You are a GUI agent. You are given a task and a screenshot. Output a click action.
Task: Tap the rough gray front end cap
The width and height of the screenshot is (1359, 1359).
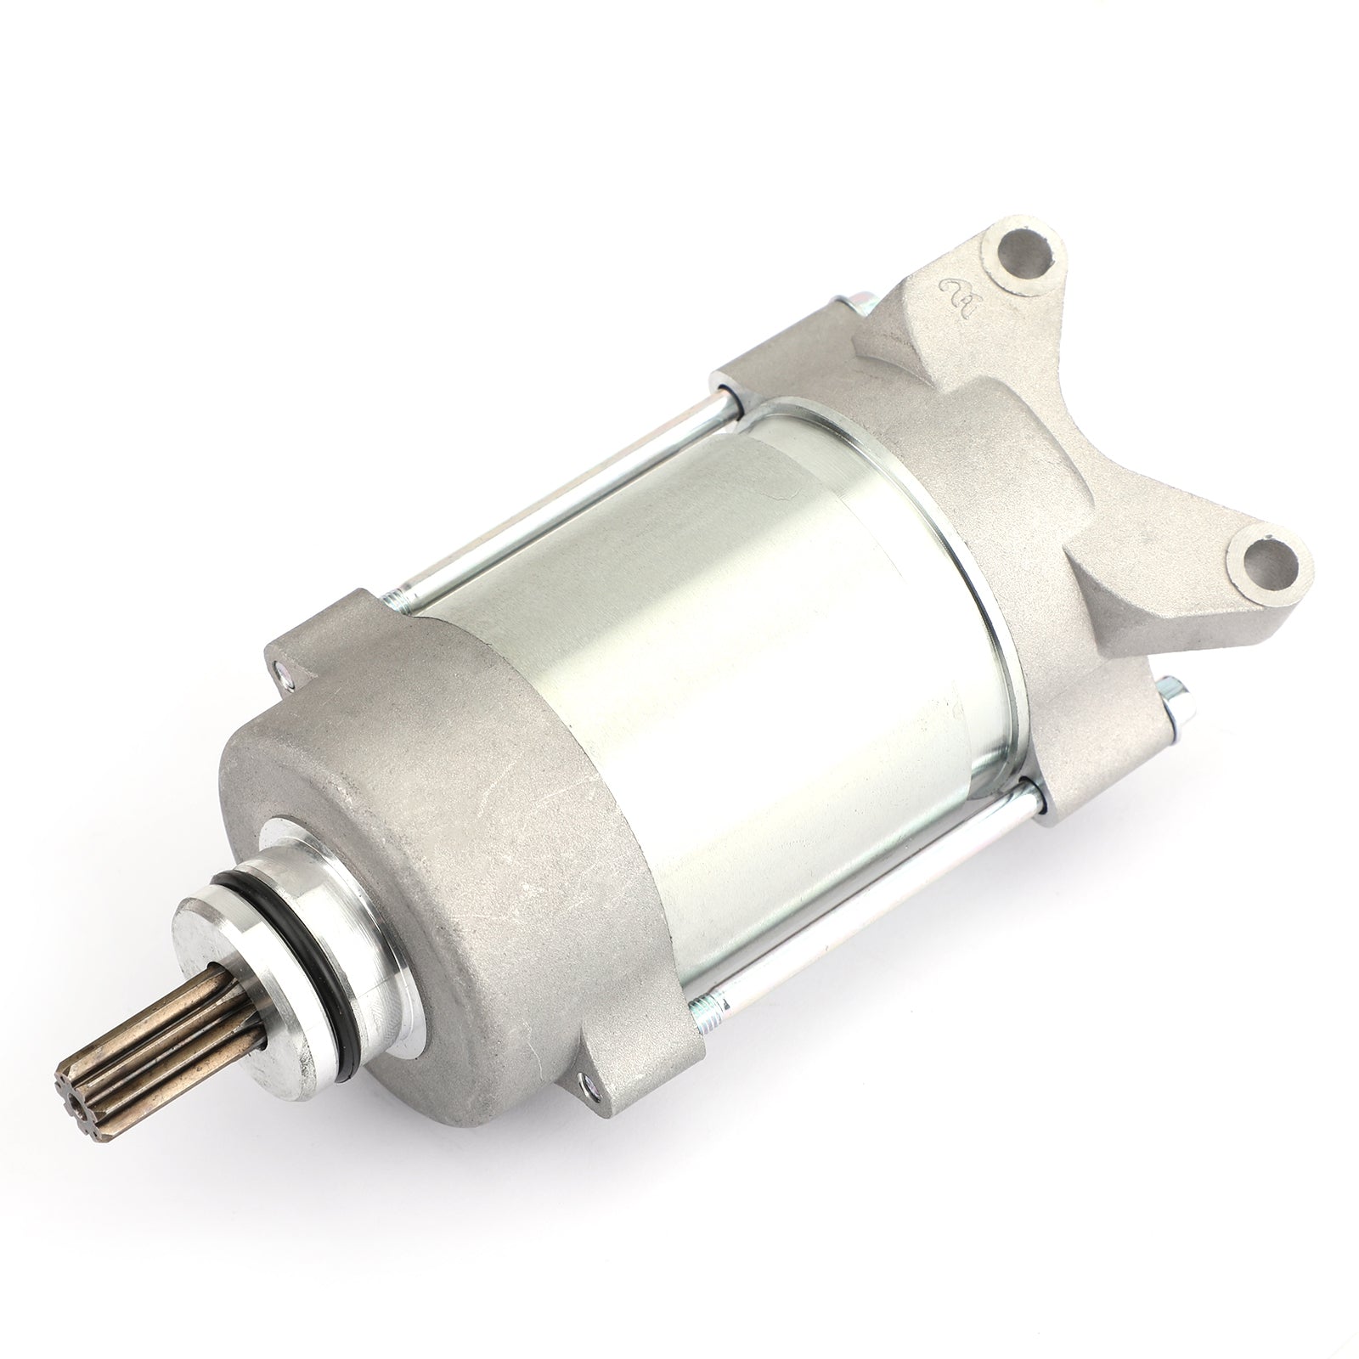(476, 849)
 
